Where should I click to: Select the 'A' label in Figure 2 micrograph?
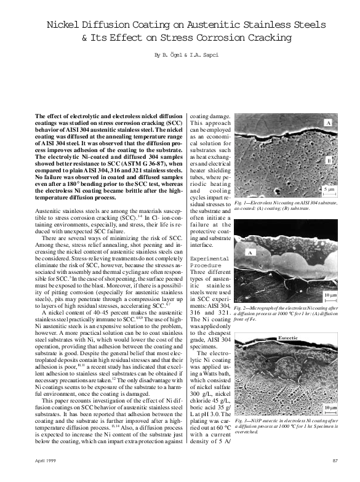click(x=250, y=252)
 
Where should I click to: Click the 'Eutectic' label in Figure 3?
click(x=288, y=339)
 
